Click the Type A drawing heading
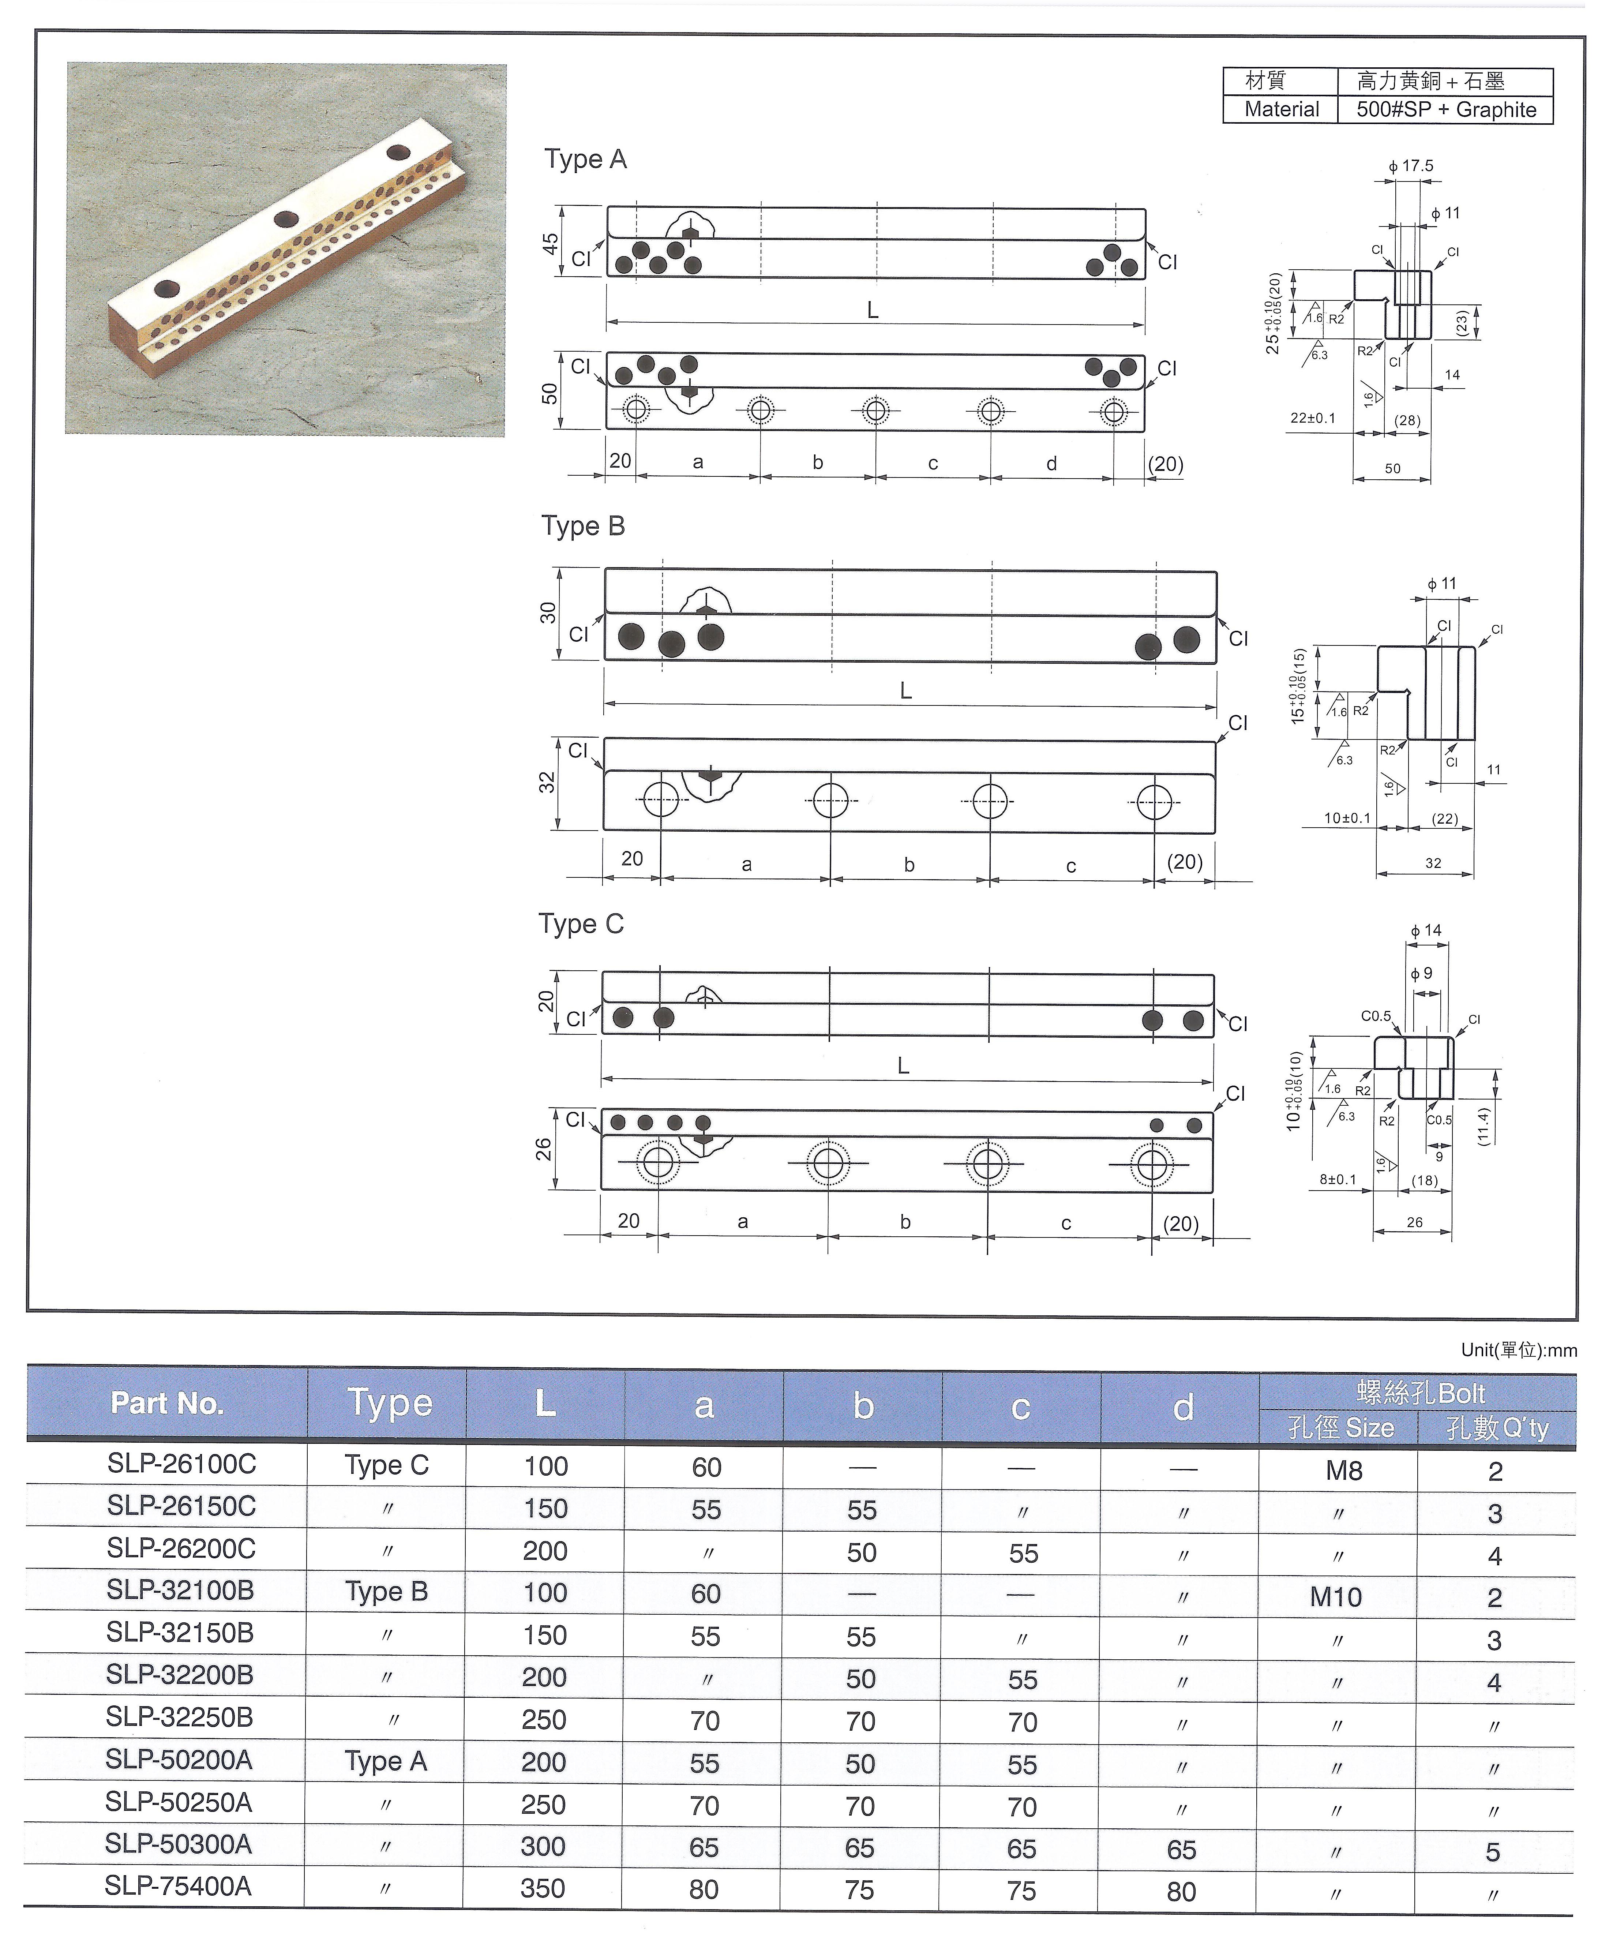[x=585, y=160]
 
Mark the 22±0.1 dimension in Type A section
[x=1312, y=418]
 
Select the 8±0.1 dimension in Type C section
[x=1338, y=1180]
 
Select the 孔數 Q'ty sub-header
[x=1497, y=1428]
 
